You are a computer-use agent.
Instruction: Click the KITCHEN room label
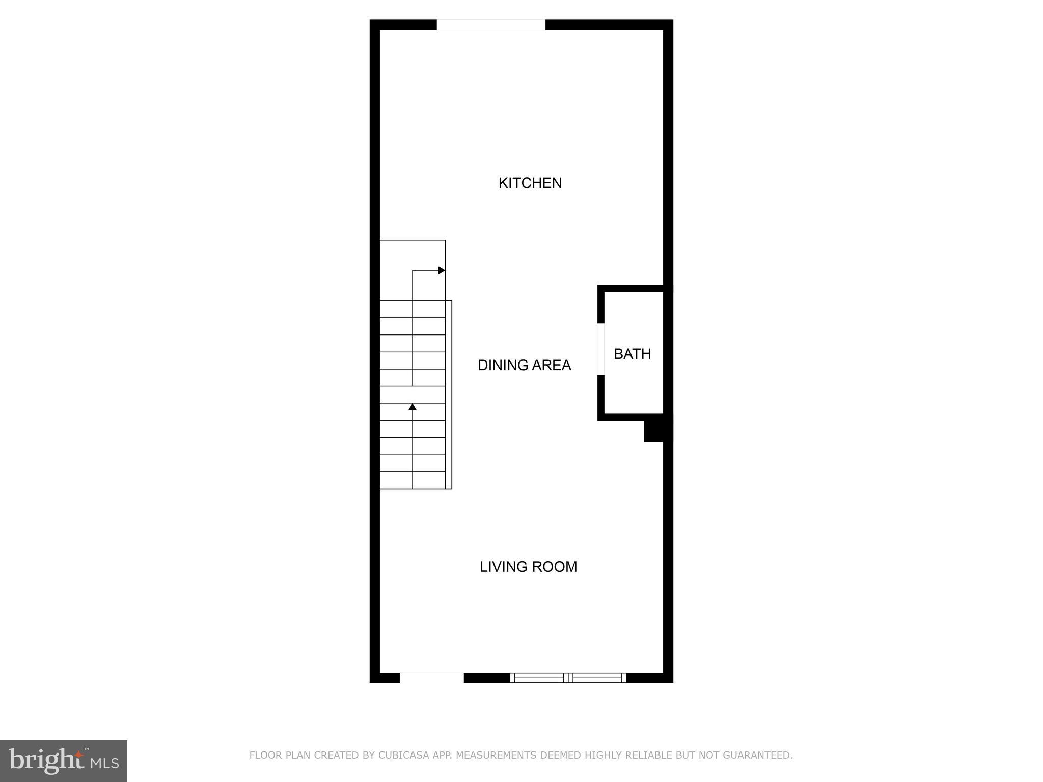(530, 183)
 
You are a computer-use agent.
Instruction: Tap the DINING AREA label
(524, 365)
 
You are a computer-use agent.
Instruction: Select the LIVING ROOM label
(528, 567)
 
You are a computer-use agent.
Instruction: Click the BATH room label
(632, 354)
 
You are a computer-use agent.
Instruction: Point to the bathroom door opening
(600, 349)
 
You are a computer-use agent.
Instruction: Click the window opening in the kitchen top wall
(491, 24)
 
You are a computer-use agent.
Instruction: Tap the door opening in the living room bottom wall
(431, 678)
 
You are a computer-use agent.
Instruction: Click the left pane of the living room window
(539, 678)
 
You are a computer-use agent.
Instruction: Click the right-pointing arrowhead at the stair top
(442, 270)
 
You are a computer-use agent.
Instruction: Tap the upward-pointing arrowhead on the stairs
(413, 407)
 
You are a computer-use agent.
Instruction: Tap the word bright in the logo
(46, 760)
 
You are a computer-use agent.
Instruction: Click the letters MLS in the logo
(105, 763)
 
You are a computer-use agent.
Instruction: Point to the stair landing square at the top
(413, 270)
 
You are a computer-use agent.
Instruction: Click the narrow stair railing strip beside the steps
(449, 395)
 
